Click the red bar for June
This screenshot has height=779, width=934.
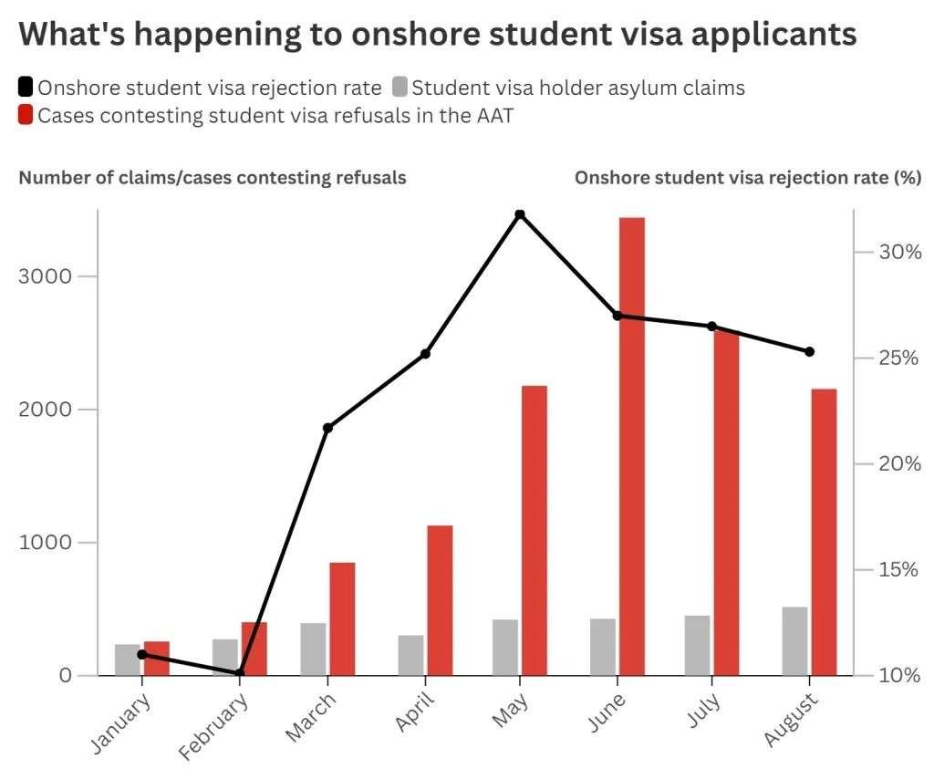click(x=631, y=446)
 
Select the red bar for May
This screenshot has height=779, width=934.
click(x=534, y=530)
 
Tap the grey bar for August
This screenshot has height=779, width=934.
click(x=794, y=640)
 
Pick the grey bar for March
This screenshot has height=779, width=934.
click(x=313, y=649)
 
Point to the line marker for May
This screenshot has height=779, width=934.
click(x=520, y=214)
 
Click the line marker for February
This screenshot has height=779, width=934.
click(x=239, y=673)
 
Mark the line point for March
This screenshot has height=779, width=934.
click(x=327, y=427)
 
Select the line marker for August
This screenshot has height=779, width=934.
click(x=809, y=351)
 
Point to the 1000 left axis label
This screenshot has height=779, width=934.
click(x=47, y=543)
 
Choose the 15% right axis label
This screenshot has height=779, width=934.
click(x=898, y=570)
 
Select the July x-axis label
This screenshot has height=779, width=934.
click(x=704, y=712)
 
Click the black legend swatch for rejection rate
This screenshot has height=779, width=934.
click(x=26, y=88)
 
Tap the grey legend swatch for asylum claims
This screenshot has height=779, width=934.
click(x=399, y=88)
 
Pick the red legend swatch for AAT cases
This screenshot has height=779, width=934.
click(x=26, y=115)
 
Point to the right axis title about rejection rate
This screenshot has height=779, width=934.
click(x=747, y=177)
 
